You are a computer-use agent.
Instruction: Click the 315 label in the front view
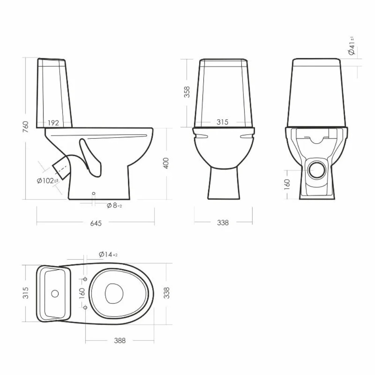tap(222, 122)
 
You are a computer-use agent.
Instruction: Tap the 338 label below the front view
tap(222, 223)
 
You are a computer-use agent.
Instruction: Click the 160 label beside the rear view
tap(287, 184)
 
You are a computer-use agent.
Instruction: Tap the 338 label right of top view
tap(166, 292)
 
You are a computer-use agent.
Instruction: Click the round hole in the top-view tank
tap(55, 293)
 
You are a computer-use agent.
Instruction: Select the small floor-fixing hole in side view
tap(94, 194)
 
